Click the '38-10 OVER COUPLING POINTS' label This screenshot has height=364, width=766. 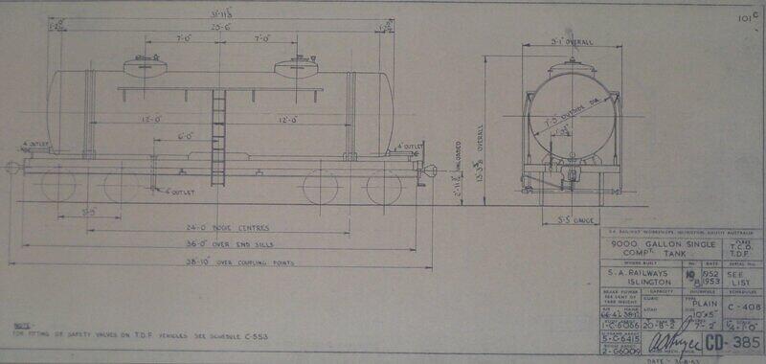217,262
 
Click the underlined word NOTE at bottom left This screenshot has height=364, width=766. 20,326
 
